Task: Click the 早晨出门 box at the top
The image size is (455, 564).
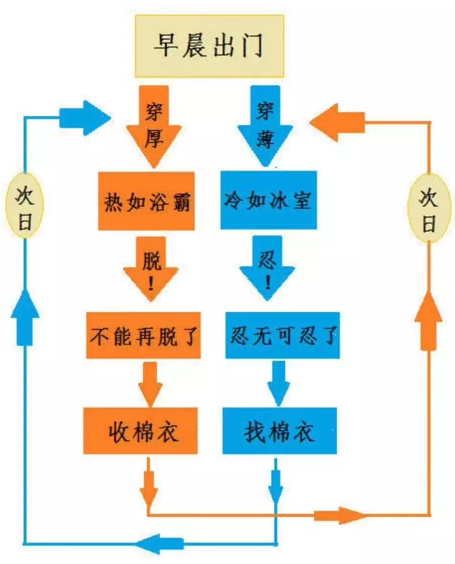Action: pyautogui.click(x=209, y=46)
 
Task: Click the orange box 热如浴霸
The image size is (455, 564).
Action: pyautogui.click(x=147, y=201)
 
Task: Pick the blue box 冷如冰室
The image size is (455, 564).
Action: pyautogui.click(x=268, y=200)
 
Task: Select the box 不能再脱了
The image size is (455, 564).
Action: pyautogui.click(x=143, y=336)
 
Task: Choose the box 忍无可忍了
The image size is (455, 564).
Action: pyautogui.click(x=283, y=336)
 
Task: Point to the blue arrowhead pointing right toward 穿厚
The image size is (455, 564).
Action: pyautogui.click(x=86, y=118)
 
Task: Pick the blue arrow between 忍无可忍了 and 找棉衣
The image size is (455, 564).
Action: pyautogui.click(x=278, y=383)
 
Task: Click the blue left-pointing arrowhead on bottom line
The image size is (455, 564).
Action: pyautogui.click(x=158, y=544)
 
